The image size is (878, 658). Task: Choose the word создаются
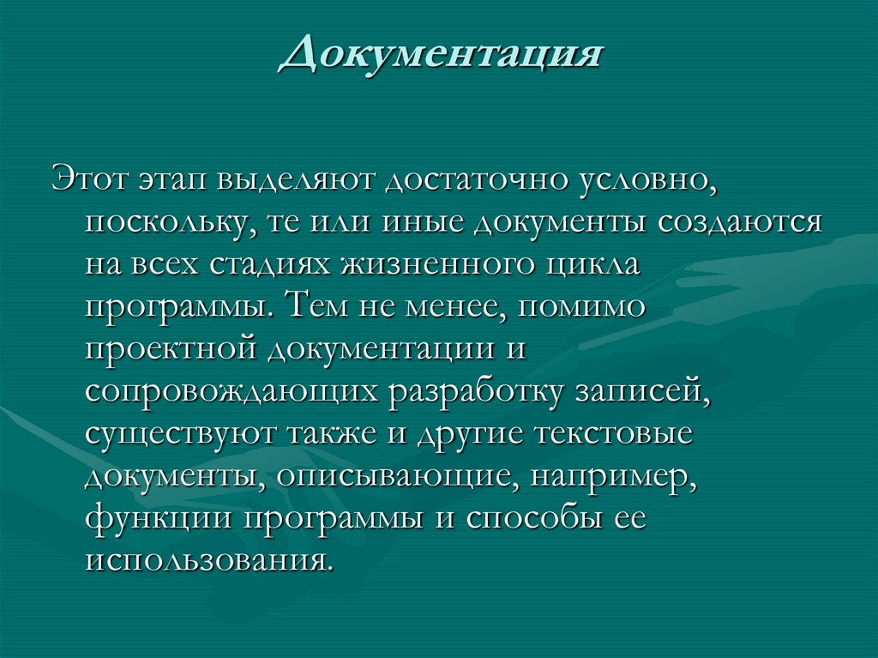740,221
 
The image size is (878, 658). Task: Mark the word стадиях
267,266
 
